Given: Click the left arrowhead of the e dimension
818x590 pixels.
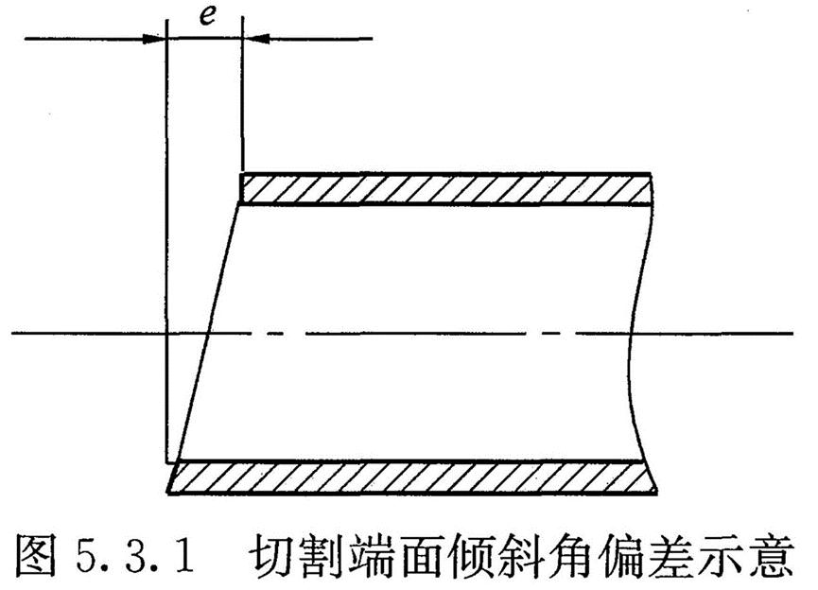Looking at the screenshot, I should coord(157,39).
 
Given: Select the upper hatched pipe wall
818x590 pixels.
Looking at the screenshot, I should coord(444,188).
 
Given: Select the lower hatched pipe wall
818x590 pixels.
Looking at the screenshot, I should coord(411,477).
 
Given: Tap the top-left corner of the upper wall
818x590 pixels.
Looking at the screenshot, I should coord(243,173).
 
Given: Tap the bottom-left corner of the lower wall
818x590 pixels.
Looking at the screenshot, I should coord(167,493).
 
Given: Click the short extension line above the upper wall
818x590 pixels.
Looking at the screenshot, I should coord(243,104).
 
